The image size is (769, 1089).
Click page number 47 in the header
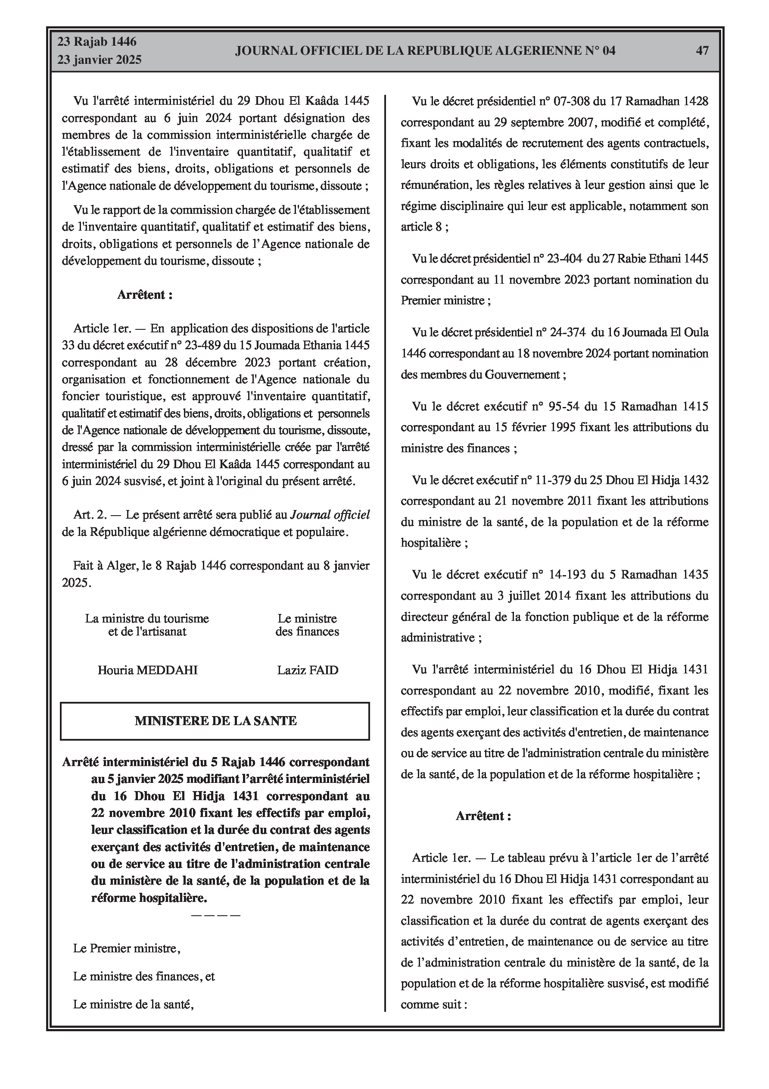[x=702, y=51]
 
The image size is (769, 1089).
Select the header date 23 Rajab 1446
[x=97, y=42]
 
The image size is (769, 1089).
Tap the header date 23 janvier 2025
[x=100, y=60]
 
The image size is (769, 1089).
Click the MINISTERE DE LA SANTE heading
[x=215, y=721]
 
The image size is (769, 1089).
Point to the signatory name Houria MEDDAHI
[x=147, y=670]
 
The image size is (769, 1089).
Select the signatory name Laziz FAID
[x=308, y=670]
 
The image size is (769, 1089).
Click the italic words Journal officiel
[x=330, y=515]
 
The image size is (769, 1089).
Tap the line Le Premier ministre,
[x=127, y=948]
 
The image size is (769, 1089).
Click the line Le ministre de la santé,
[x=134, y=1004]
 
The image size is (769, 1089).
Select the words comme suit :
[x=434, y=1004]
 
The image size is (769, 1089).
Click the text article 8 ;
[x=424, y=227]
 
